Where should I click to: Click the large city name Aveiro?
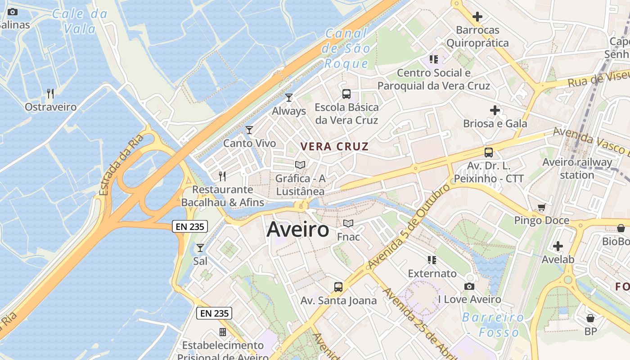tap(298, 230)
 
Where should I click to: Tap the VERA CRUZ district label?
tap(334, 146)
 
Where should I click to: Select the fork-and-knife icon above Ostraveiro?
tap(50, 94)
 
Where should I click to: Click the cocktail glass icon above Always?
tap(289, 97)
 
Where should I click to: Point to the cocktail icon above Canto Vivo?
tap(249, 130)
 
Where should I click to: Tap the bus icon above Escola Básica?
tap(346, 94)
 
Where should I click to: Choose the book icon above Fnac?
tap(348, 223)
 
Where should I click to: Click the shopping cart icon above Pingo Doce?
tap(541, 207)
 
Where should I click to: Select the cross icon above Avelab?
tap(558, 246)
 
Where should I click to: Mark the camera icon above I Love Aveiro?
tap(469, 286)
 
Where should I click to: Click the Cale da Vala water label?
tap(80, 21)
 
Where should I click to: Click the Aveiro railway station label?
tap(577, 168)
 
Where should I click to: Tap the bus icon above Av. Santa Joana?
tap(338, 287)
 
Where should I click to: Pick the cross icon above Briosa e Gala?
tap(495, 110)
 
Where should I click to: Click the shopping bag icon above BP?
tap(590, 318)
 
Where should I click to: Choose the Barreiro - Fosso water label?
tap(493, 325)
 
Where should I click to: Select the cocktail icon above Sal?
tap(200, 248)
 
